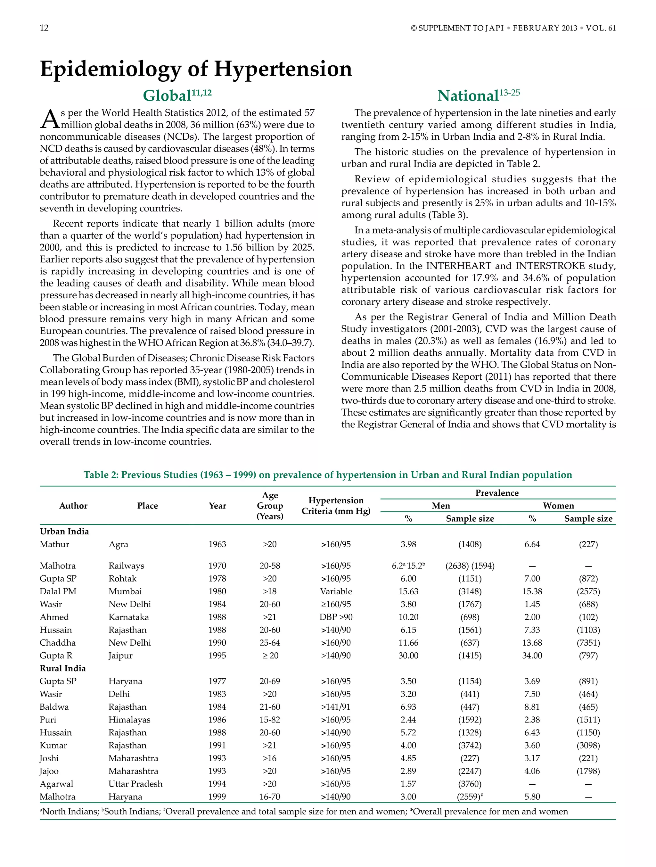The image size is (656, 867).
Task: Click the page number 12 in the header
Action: click(44, 28)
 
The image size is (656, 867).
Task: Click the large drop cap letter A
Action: click(49, 119)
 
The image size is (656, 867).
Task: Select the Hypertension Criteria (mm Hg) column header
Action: click(336, 506)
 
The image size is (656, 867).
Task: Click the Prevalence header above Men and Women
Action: click(496, 493)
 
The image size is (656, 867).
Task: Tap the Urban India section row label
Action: click(64, 531)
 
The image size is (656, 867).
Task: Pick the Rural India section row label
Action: click(63, 668)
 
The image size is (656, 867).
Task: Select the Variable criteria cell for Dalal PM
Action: click(336, 591)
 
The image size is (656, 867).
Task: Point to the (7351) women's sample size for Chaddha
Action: click(588, 642)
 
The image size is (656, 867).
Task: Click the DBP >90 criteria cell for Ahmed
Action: click(336, 617)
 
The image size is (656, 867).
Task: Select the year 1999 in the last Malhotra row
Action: click(217, 797)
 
